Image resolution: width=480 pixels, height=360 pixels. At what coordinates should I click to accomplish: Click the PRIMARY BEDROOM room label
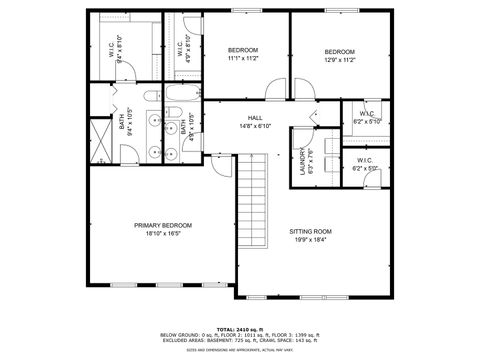(x=163, y=226)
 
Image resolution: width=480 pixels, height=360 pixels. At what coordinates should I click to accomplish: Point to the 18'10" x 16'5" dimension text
(x=163, y=234)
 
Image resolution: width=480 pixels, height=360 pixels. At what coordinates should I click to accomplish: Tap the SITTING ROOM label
(x=311, y=231)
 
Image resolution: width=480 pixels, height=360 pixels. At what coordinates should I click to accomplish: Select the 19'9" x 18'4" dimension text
(x=311, y=239)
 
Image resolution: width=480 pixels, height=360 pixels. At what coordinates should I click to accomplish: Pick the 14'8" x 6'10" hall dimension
(x=255, y=126)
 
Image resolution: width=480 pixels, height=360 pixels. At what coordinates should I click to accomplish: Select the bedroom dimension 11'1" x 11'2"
(x=243, y=59)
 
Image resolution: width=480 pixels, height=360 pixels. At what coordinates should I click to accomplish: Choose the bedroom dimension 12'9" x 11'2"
(x=339, y=59)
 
